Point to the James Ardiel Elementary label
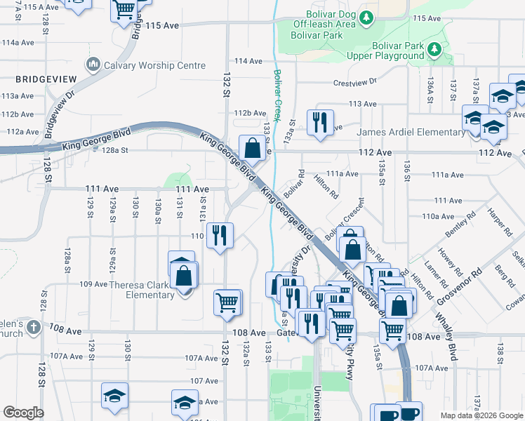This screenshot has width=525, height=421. (411, 132)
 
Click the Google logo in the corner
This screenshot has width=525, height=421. (23, 413)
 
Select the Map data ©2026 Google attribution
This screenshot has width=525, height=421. (481, 415)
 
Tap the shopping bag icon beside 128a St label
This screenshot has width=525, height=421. (252, 148)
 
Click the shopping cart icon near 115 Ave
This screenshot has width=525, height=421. (124, 10)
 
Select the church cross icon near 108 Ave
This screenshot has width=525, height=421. (32, 327)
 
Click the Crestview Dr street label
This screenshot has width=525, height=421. (355, 81)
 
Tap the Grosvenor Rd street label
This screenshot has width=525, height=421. (459, 281)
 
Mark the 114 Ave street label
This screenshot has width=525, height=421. (248, 61)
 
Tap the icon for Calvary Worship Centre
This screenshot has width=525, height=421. (93, 66)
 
